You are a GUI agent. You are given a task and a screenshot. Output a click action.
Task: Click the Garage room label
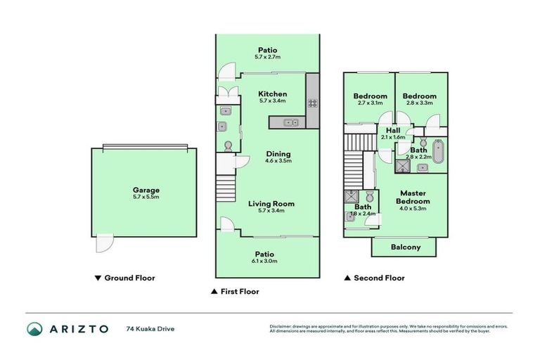pyautogui.click(x=146, y=190)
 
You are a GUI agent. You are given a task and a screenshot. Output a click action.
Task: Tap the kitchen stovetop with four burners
pyautogui.click(x=312, y=103)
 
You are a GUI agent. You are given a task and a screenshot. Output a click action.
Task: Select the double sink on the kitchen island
pyautogui.click(x=290, y=123)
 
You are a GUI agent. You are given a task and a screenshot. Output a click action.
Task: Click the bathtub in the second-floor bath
pyautogui.click(x=439, y=151)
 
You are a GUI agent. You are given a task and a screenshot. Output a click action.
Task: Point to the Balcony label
pyautogui.click(x=405, y=247)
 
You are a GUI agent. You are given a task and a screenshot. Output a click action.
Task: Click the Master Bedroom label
pyautogui.click(x=415, y=197)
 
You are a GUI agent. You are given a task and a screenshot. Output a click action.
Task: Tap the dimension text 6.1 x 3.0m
pyautogui.click(x=264, y=261)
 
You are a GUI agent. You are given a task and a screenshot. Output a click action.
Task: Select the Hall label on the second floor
pyautogui.click(x=393, y=130)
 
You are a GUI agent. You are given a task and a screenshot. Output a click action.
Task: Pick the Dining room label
pyautogui.click(x=278, y=154)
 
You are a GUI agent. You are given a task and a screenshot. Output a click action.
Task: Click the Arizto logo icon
pyautogui.click(x=34, y=328)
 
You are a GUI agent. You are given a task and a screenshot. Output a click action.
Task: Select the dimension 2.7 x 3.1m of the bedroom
pyautogui.click(x=370, y=103)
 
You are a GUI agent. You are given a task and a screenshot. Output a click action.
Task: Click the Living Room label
pyautogui.click(x=271, y=204)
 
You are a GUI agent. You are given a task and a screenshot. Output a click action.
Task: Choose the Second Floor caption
pyautogui.click(x=379, y=278)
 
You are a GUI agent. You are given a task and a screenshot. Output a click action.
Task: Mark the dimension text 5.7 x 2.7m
pyautogui.click(x=267, y=57)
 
